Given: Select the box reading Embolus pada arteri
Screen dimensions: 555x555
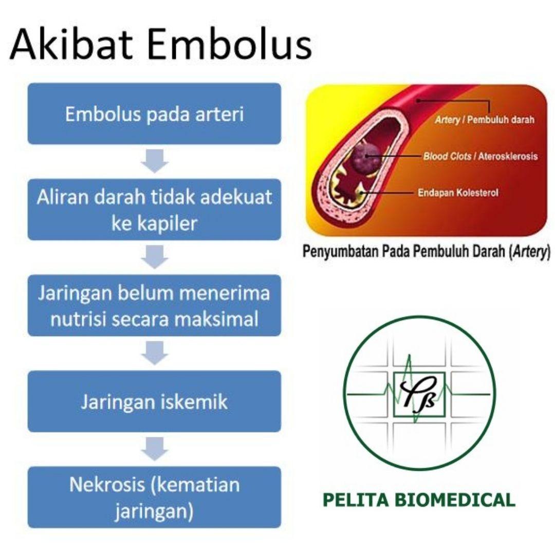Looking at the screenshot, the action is (x=154, y=114).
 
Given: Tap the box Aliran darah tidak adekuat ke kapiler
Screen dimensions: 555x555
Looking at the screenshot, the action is (x=154, y=210).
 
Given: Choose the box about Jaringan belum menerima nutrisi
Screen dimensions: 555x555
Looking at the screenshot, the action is (x=154, y=305).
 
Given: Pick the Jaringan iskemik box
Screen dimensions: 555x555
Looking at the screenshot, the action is (x=154, y=401).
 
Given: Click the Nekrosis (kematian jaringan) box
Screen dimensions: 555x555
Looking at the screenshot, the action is (x=154, y=497).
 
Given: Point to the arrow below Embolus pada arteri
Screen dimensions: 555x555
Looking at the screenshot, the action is (x=154, y=161).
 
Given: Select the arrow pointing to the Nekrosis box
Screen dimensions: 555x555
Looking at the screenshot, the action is (x=154, y=449).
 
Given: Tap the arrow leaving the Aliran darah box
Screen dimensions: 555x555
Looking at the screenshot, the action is (x=154, y=257).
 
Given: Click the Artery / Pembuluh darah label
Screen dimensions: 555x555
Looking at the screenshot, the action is (x=484, y=120).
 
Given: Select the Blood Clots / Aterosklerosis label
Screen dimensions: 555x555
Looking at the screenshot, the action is (x=480, y=156).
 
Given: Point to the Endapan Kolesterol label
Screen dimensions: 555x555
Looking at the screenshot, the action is (x=458, y=193).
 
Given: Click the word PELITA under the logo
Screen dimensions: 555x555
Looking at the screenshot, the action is (x=355, y=500).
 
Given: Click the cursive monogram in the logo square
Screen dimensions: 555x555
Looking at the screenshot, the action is (x=419, y=394).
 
